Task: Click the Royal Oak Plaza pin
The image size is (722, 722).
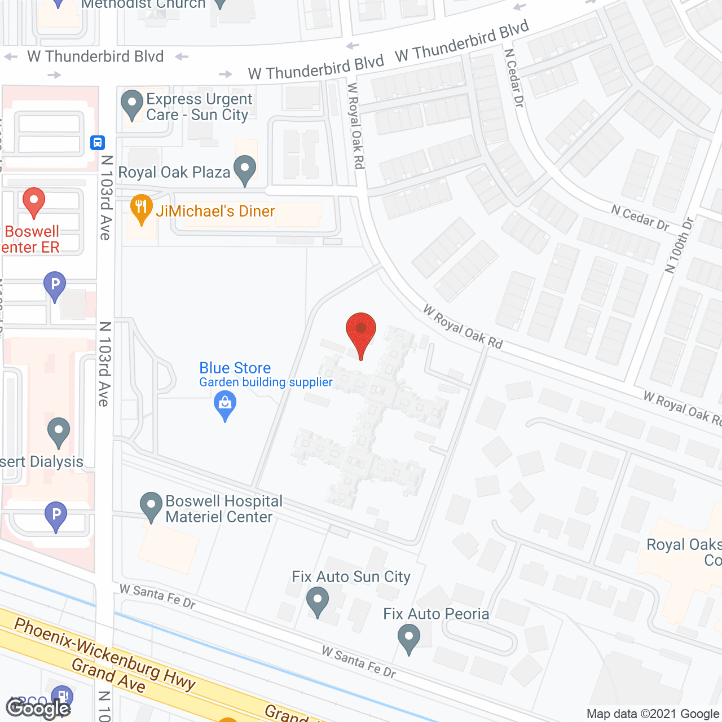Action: [245, 169]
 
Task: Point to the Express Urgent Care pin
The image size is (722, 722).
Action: [132, 104]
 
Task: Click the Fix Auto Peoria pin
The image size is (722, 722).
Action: [409, 639]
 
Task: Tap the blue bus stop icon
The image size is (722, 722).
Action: [98, 143]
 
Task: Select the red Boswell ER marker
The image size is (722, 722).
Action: [34, 201]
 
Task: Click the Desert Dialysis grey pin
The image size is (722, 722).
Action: [58, 432]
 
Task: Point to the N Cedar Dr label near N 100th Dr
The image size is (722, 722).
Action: [640, 218]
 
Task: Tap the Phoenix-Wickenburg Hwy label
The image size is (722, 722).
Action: [105, 654]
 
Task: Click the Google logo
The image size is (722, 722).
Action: [38, 708]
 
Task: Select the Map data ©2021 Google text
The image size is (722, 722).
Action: [653, 714]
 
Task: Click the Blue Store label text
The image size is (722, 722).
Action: [235, 368]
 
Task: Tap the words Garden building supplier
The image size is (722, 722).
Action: [266, 382]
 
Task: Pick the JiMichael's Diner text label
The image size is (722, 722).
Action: [215, 211]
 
